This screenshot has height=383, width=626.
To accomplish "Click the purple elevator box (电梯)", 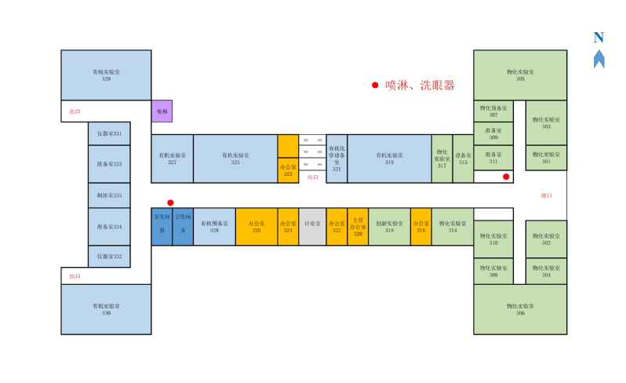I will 162,111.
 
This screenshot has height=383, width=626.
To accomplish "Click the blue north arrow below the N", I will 599,59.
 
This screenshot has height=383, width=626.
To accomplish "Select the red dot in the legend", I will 375,86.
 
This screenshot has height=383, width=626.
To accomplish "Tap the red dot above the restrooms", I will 170,202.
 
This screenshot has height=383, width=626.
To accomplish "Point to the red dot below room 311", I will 506,177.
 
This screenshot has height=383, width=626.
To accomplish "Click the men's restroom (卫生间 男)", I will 162,226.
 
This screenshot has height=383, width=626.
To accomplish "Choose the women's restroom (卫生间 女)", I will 183,226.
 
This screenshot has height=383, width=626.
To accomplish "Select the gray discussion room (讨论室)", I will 312,226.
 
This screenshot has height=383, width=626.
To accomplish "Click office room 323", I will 288,170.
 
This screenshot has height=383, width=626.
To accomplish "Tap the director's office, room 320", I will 358,226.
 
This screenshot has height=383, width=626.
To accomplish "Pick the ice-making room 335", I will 109,195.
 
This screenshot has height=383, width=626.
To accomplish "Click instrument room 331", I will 109,134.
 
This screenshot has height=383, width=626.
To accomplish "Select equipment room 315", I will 463,159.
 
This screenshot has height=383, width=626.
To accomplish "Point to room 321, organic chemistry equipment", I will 337,159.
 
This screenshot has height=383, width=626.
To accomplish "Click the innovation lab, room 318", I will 389,226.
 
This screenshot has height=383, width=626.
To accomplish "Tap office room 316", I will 420,226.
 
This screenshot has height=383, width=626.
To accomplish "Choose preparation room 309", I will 493,133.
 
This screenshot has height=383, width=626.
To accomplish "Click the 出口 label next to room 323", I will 312,177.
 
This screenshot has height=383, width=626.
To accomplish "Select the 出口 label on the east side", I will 547,195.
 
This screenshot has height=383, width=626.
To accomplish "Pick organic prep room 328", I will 214,226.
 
